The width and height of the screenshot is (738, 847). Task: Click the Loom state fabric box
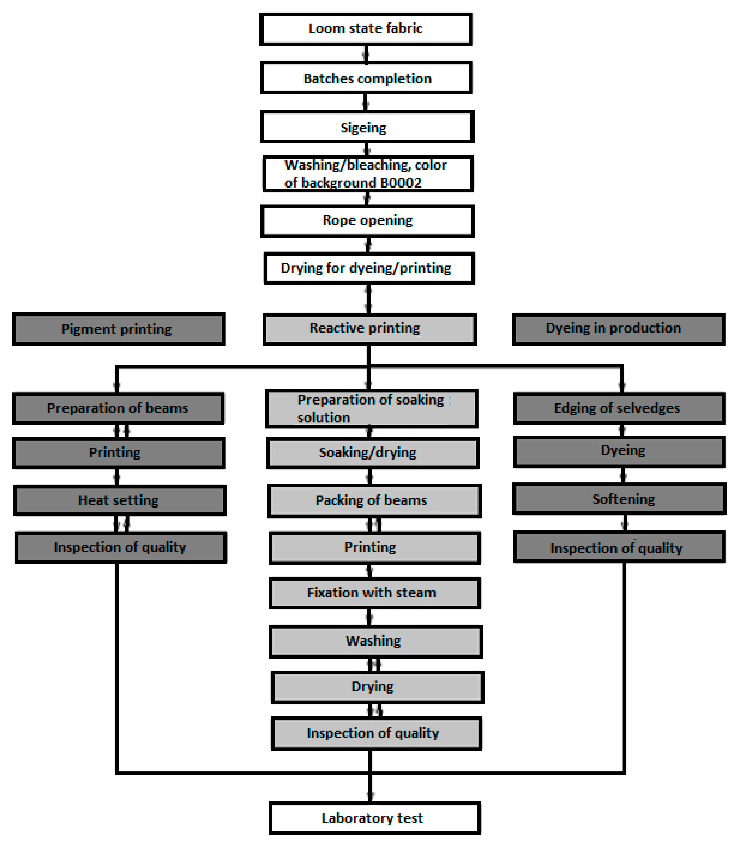(x=366, y=29)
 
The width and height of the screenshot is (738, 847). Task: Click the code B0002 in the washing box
(x=401, y=183)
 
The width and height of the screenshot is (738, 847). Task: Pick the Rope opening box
(x=367, y=221)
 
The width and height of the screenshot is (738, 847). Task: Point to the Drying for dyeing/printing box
(x=369, y=268)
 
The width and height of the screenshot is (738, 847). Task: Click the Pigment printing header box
(x=119, y=329)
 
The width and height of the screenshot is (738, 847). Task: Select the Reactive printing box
(x=369, y=329)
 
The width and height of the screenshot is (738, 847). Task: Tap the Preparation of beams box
(x=118, y=408)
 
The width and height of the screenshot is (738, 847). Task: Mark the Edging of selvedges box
(x=619, y=408)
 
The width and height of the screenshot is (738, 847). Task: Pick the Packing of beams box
(x=374, y=500)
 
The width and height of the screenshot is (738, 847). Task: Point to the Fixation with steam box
(x=375, y=593)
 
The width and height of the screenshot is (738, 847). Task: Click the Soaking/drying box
(x=373, y=453)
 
